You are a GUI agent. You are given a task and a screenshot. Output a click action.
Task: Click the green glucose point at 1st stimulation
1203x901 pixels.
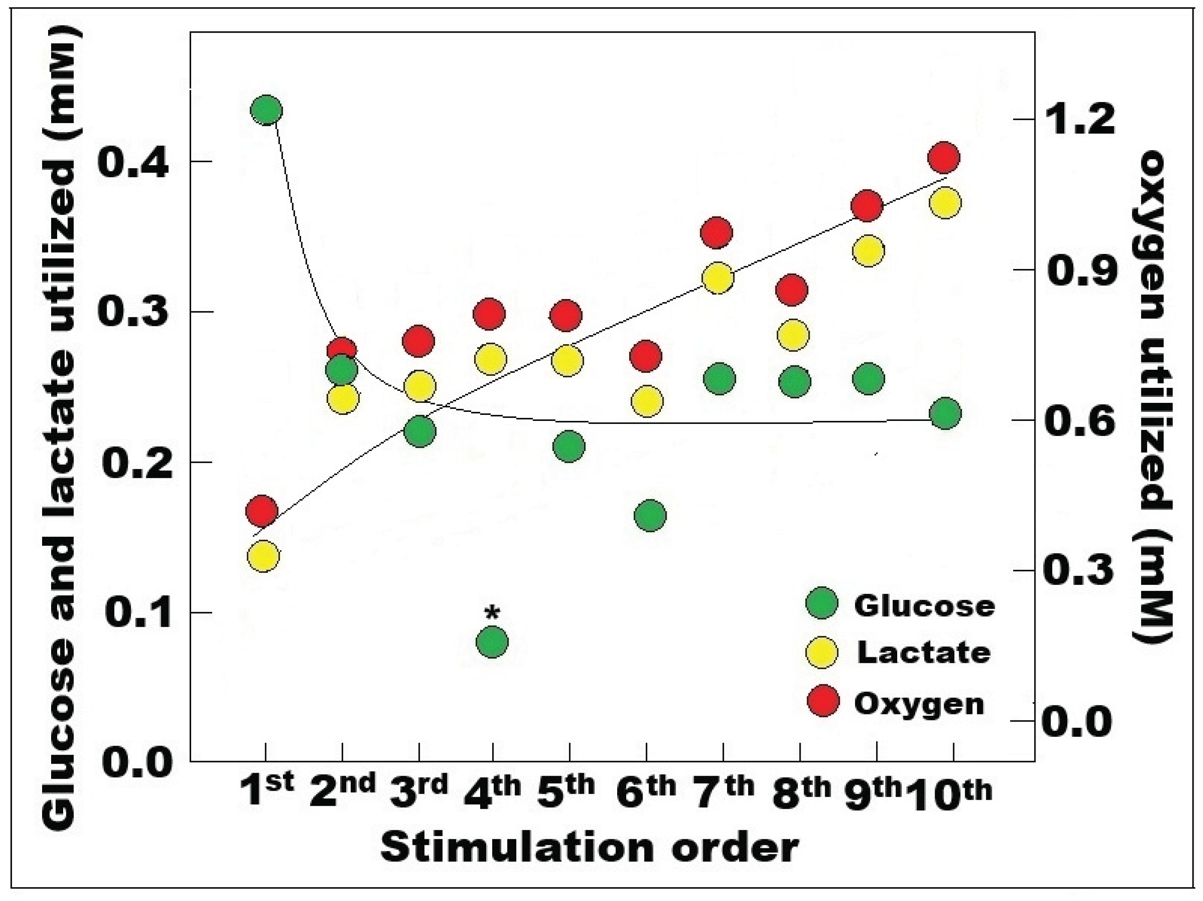[x=266, y=110]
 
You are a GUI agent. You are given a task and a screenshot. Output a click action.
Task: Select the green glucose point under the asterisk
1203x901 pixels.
[x=492, y=642]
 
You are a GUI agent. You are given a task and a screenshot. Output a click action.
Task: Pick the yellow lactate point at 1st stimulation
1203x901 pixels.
[x=263, y=556]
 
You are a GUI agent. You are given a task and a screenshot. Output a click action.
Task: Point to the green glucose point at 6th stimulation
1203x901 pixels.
[x=650, y=515]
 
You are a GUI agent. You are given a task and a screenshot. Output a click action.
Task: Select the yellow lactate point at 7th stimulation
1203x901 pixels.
[x=718, y=278]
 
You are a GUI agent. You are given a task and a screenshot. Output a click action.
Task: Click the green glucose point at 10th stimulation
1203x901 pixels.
[x=945, y=414]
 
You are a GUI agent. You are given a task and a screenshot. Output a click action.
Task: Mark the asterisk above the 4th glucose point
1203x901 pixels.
[x=492, y=614]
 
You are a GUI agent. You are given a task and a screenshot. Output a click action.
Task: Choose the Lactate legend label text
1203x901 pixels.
[x=923, y=652]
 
